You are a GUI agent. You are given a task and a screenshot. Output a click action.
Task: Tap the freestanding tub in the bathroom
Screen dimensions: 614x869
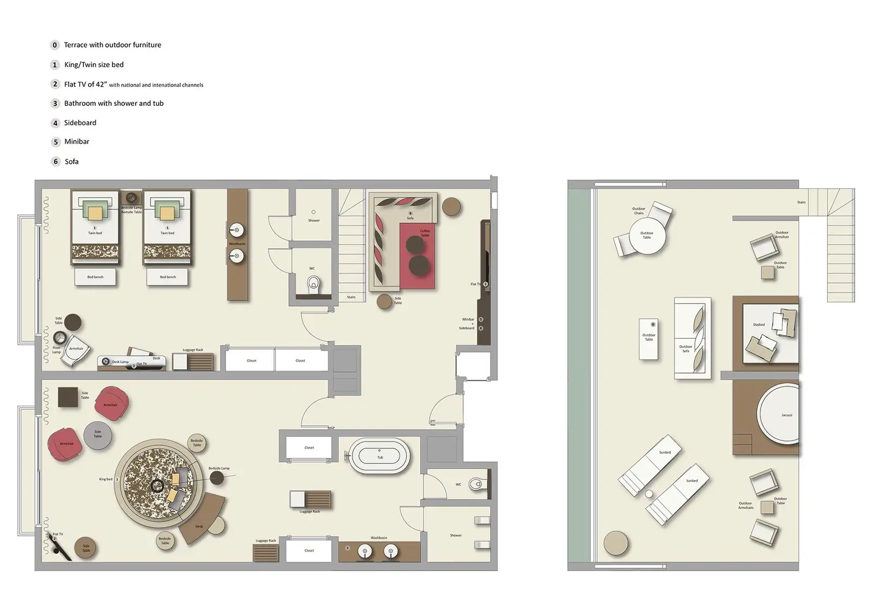(x=379, y=457)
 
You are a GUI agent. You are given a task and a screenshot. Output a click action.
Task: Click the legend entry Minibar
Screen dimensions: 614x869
(x=77, y=142)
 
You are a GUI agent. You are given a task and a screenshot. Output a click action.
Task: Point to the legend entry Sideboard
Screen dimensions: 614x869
(x=80, y=123)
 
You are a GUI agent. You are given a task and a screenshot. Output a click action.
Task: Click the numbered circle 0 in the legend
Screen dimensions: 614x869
(x=55, y=45)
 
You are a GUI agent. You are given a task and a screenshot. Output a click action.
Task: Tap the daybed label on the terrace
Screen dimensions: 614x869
(x=759, y=325)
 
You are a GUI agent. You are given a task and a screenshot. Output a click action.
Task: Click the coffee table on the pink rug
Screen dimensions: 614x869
(x=416, y=255)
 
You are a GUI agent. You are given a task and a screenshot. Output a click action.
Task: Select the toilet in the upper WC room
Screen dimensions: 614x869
(x=313, y=284)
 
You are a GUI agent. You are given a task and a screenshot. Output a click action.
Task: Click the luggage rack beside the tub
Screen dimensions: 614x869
(x=310, y=499)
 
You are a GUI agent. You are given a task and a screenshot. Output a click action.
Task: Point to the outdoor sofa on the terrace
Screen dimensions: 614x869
(x=692, y=338)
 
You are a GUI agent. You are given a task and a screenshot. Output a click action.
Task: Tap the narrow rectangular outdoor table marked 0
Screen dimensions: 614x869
(x=648, y=339)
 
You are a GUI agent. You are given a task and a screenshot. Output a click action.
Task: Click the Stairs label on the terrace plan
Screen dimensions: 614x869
(x=801, y=202)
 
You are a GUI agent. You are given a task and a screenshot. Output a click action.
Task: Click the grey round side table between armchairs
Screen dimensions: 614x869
(x=98, y=435)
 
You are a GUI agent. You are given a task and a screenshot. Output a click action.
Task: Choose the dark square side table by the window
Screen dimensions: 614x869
(x=68, y=397)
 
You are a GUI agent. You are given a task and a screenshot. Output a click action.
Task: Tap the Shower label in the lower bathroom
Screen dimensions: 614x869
(x=456, y=535)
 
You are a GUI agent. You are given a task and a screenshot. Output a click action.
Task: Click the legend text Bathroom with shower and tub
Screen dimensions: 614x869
(x=114, y=103)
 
